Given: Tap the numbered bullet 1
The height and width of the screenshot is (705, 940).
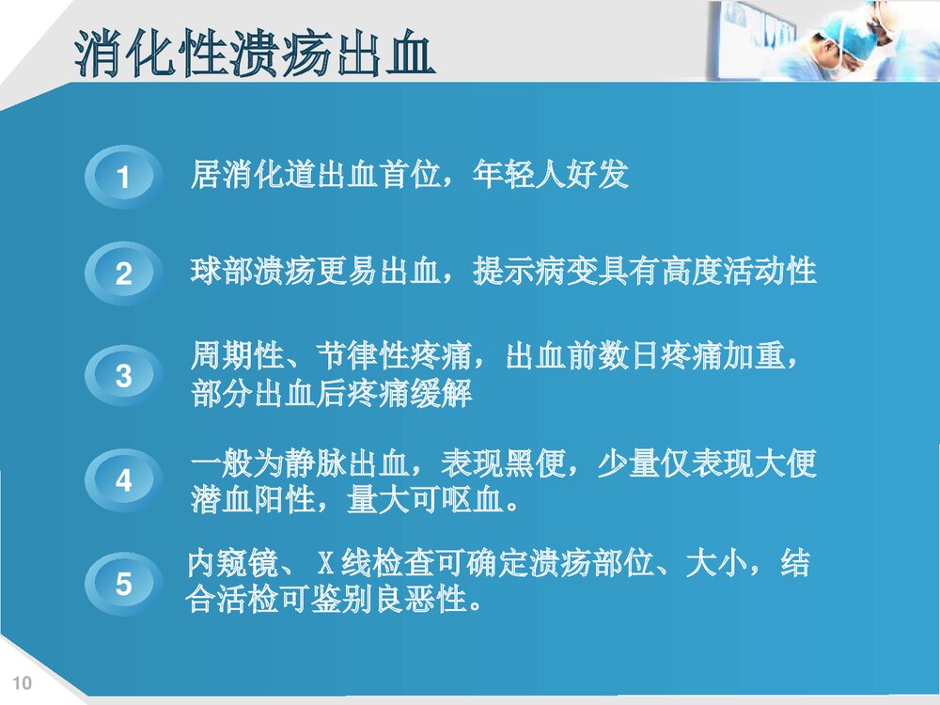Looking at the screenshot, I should [x=123, y=178].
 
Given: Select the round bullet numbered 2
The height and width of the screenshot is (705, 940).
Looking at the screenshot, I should [x=123, y=275].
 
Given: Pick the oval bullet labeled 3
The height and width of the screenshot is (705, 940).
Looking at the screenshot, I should [x=123, y=377].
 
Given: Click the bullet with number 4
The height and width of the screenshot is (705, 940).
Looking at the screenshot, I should [x=123, y=481].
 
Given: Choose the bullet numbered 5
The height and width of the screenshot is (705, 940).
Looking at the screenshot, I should [x=123, y=585].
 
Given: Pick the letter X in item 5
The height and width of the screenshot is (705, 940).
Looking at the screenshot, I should [x=325, y=566].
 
